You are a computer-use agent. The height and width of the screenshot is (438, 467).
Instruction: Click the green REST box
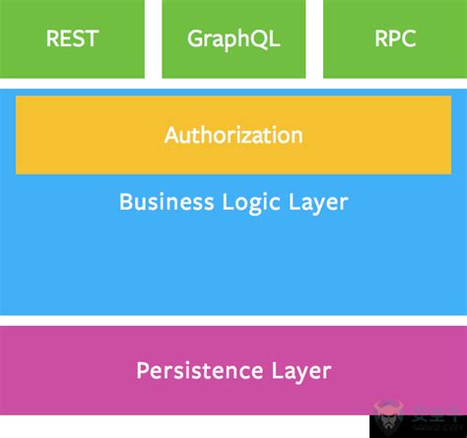72,39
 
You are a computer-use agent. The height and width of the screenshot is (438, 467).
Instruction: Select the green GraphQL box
233,39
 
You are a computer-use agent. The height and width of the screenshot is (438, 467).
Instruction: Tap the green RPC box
394,39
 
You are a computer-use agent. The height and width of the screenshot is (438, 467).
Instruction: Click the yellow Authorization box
233,135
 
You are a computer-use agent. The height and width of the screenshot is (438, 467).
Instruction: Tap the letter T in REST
92,39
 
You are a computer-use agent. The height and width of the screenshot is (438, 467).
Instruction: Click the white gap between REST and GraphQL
153,39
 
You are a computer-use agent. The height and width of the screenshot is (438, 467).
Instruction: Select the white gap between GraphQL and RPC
314,39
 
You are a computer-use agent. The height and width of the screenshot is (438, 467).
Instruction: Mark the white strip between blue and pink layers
233,320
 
